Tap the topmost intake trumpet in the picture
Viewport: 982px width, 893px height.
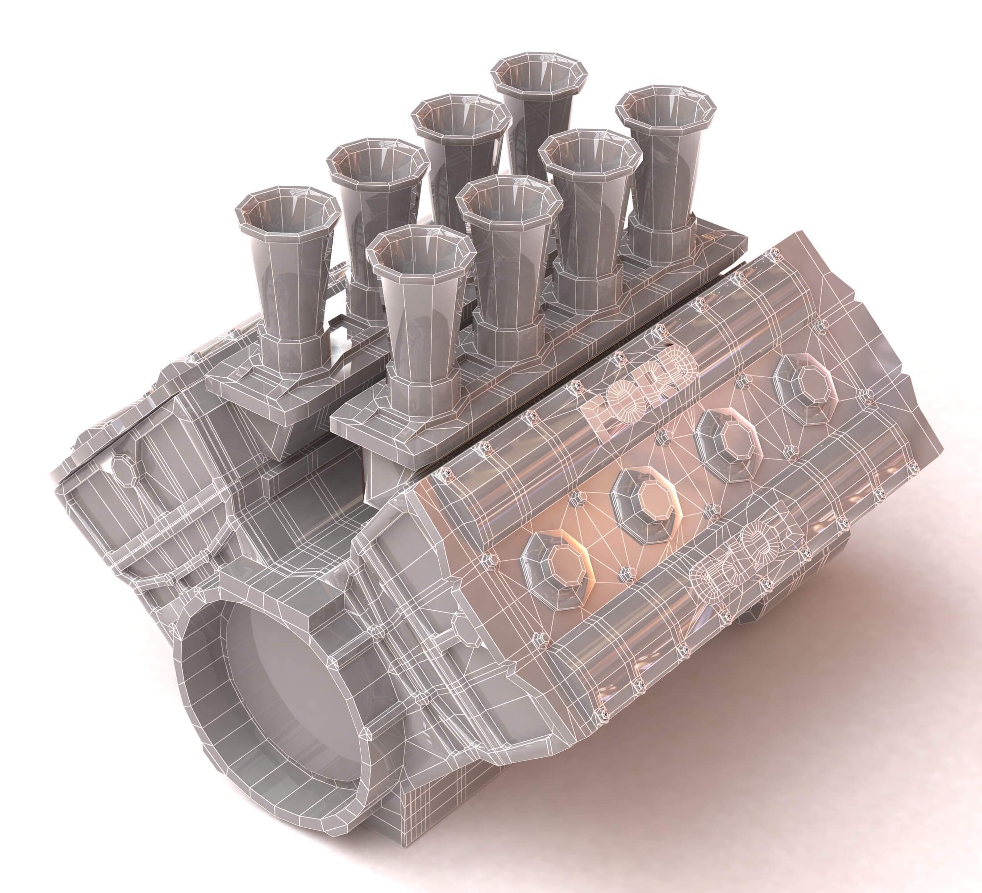click(x=539, y=73)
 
